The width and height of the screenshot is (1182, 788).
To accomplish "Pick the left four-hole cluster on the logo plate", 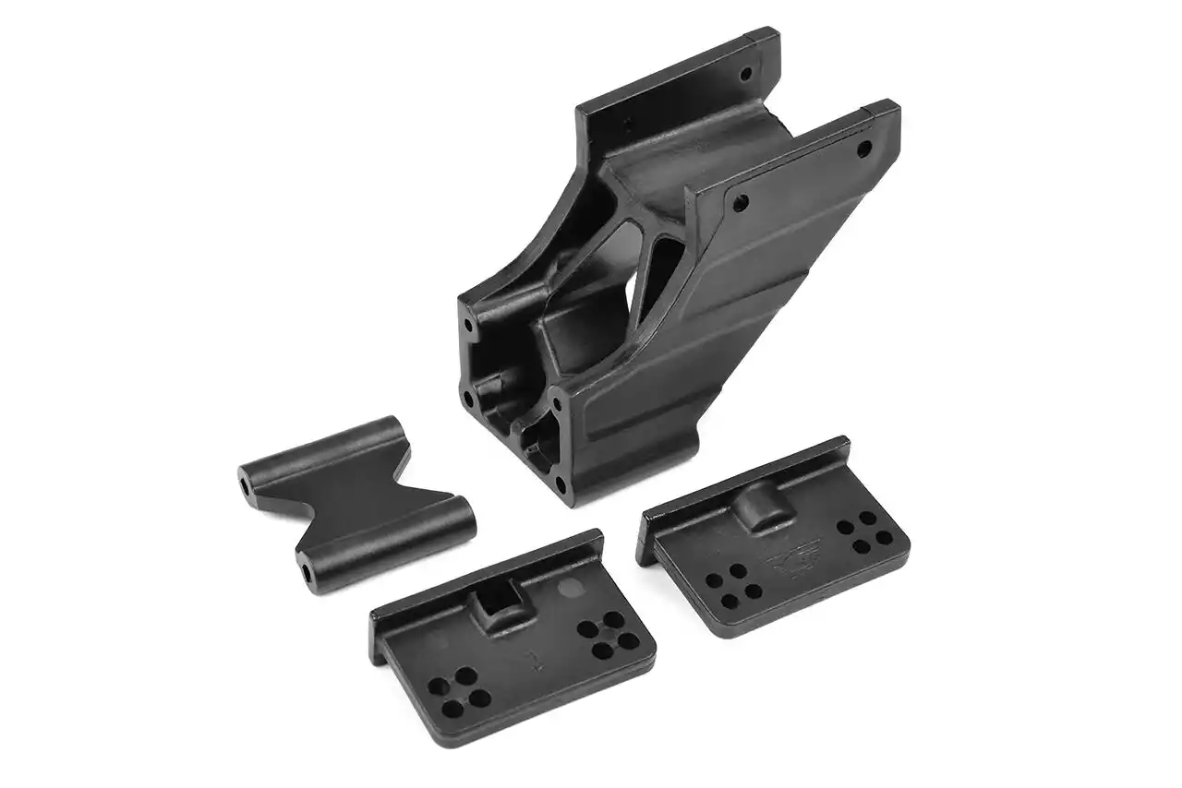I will point(730,586).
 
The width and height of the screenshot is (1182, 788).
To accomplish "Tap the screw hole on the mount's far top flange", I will point(747,72).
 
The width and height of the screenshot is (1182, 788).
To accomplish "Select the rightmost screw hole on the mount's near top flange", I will point(863,149).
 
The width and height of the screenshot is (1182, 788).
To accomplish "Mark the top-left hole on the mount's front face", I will point(470,325).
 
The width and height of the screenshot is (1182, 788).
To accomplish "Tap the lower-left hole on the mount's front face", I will point(469,400).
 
